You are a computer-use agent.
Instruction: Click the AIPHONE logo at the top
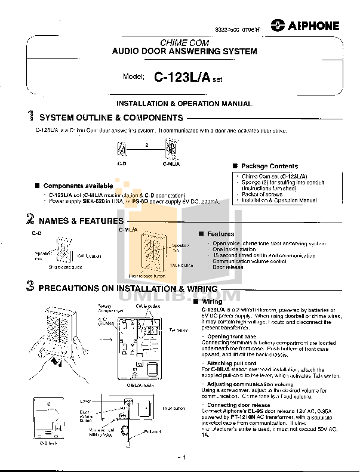tap(304, 25)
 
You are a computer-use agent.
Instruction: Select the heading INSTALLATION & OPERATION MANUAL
tap(184, 104)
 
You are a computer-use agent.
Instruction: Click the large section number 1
tap(30, 117)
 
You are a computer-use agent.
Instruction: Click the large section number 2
tap(30, 220)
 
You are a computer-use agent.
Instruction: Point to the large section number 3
tap(30, 287)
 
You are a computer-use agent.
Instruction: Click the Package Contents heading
tap(269, 166)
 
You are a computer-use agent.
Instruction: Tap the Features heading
tap(220, 234)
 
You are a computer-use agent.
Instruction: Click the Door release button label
tap(147, 276)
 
